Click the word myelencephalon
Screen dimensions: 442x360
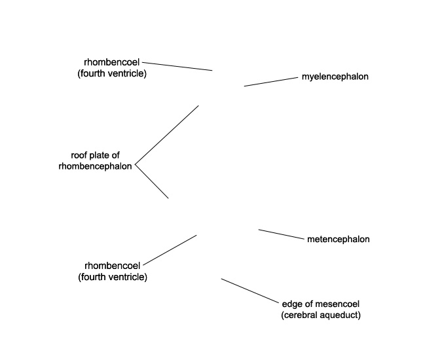[x=335, y=77]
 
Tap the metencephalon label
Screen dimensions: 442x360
[x=339, y=239]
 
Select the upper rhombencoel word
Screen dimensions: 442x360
[x=111, y=62]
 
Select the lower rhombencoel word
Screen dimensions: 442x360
[x=112, y=266]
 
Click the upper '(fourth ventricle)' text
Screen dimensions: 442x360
[x=112, y=73]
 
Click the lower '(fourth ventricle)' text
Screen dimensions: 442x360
[x=113, y=277]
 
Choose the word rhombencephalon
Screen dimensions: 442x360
[x=95, y=166]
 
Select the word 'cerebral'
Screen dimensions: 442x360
[x=298, y=315]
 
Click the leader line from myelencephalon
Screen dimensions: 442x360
[x=271, y=82]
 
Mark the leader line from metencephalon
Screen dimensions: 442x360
[x=282, y=234]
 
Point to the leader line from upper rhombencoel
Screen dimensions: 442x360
[x=177, y=66]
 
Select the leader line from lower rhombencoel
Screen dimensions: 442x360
[x=170, y=250]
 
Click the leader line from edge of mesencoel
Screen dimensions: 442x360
[x=249, y=291]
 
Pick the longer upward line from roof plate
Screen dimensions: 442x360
[x=167, y=135]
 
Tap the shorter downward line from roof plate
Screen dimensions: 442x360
[x=152, y=181]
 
